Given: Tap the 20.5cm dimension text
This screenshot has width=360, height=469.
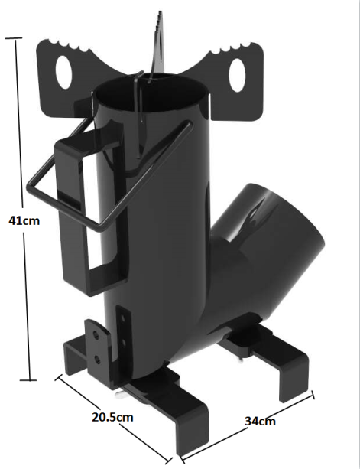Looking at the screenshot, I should [112, 418].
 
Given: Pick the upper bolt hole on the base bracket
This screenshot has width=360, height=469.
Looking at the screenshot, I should [96, 334].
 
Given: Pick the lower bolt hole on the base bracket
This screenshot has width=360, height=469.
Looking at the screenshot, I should [97, 356].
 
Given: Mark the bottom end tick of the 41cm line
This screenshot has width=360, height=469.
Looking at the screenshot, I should [31, 379].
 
